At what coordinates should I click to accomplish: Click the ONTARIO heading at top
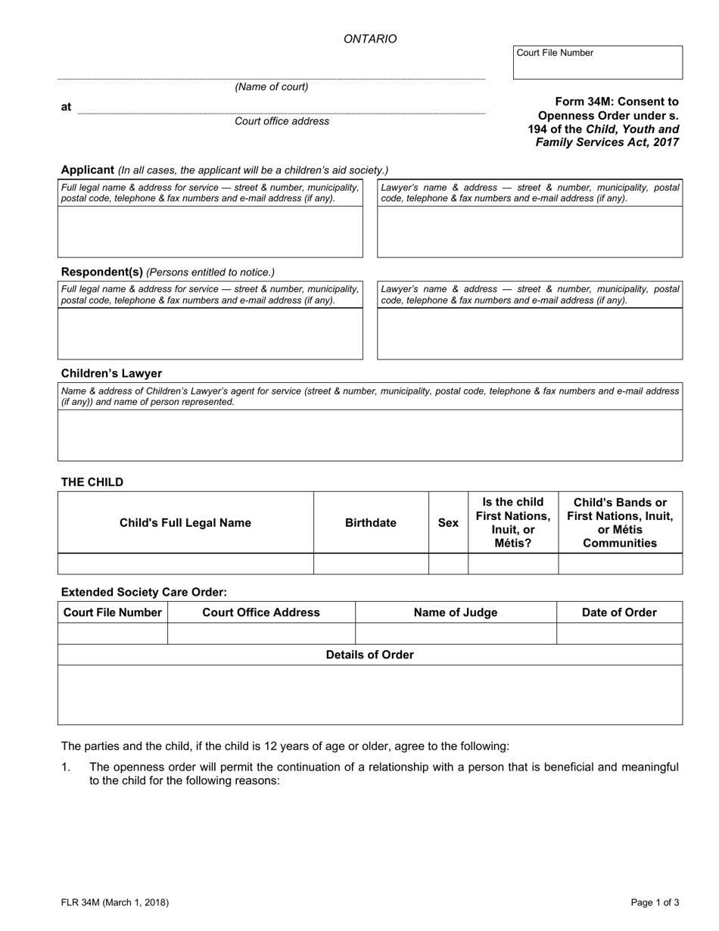coord(369,39)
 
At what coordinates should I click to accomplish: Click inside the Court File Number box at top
coord(598,67)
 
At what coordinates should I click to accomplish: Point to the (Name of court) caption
coord(271,87)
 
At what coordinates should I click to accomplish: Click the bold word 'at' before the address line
coord(66,107)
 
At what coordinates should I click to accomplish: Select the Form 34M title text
coord(603,122)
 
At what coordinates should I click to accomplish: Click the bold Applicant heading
coord(87,170)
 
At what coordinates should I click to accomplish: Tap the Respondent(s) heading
coord(101,272)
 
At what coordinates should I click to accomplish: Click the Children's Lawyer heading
coord(111,373)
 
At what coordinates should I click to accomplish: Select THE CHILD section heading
coord(92,482)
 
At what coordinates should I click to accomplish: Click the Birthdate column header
coord(370,523)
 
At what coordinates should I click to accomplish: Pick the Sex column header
coord(448,523)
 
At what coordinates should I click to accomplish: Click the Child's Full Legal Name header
coord(185,523)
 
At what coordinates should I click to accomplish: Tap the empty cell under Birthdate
coord(370,564)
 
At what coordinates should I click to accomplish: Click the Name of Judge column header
coord(456,612)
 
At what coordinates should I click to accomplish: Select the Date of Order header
coord(619,612)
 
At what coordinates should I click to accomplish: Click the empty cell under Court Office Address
coord(261,634)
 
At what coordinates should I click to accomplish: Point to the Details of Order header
coord(369,655)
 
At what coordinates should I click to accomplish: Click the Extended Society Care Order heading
coord(144,592)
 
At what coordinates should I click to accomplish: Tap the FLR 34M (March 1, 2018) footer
coord(115,902)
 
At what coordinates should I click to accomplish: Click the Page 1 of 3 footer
coord(655,902)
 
